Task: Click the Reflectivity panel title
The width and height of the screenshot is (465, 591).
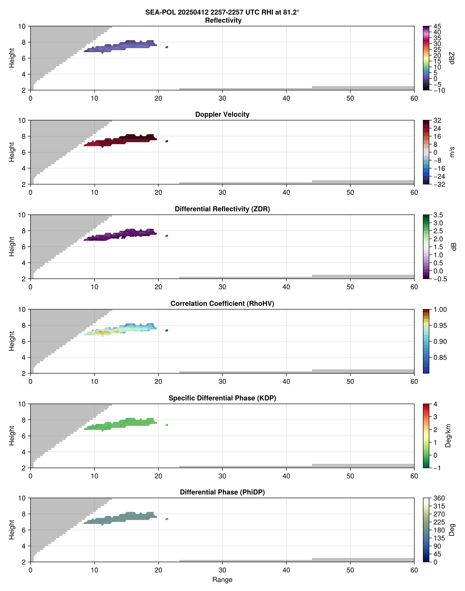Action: [x=223, y=20]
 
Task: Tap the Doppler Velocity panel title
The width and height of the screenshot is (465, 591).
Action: [x=222, y=115]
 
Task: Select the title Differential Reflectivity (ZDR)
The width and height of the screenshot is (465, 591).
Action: [x=222, y=209]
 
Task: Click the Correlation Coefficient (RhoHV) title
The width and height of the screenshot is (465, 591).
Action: [x=222, y=304]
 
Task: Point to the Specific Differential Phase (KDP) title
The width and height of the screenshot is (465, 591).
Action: [x=222, y=398]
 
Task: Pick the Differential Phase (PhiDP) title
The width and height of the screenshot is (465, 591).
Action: [x=222, y=492]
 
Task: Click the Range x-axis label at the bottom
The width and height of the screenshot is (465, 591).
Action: [x=222, y=580]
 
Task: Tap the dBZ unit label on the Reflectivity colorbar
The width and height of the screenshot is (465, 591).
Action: [x=452, y=58]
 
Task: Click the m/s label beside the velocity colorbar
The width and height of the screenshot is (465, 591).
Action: [x=452, y=152]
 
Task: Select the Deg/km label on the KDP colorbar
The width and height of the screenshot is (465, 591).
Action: [x=448, y=436]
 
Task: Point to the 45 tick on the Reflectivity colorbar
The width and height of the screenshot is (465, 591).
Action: [x=437, y=26]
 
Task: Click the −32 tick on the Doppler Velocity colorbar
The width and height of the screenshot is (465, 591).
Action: [x=439, y=184]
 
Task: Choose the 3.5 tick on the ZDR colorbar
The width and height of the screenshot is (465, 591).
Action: [x=438, y=215]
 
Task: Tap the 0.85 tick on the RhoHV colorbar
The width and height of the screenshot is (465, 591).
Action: [x=440, y=358]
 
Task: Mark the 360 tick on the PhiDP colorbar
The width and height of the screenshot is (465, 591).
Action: [x=439, y=498]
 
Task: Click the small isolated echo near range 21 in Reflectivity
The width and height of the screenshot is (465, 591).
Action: [x=167, y=47]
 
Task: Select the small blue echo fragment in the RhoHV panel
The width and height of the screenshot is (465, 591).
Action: [x=167, y=330]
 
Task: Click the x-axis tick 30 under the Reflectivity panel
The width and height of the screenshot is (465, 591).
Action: [x=222, y=98]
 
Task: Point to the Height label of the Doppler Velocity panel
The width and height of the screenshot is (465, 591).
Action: [x=11, y=152]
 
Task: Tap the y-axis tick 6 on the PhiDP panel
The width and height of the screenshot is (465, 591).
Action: [x=23, y=530]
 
